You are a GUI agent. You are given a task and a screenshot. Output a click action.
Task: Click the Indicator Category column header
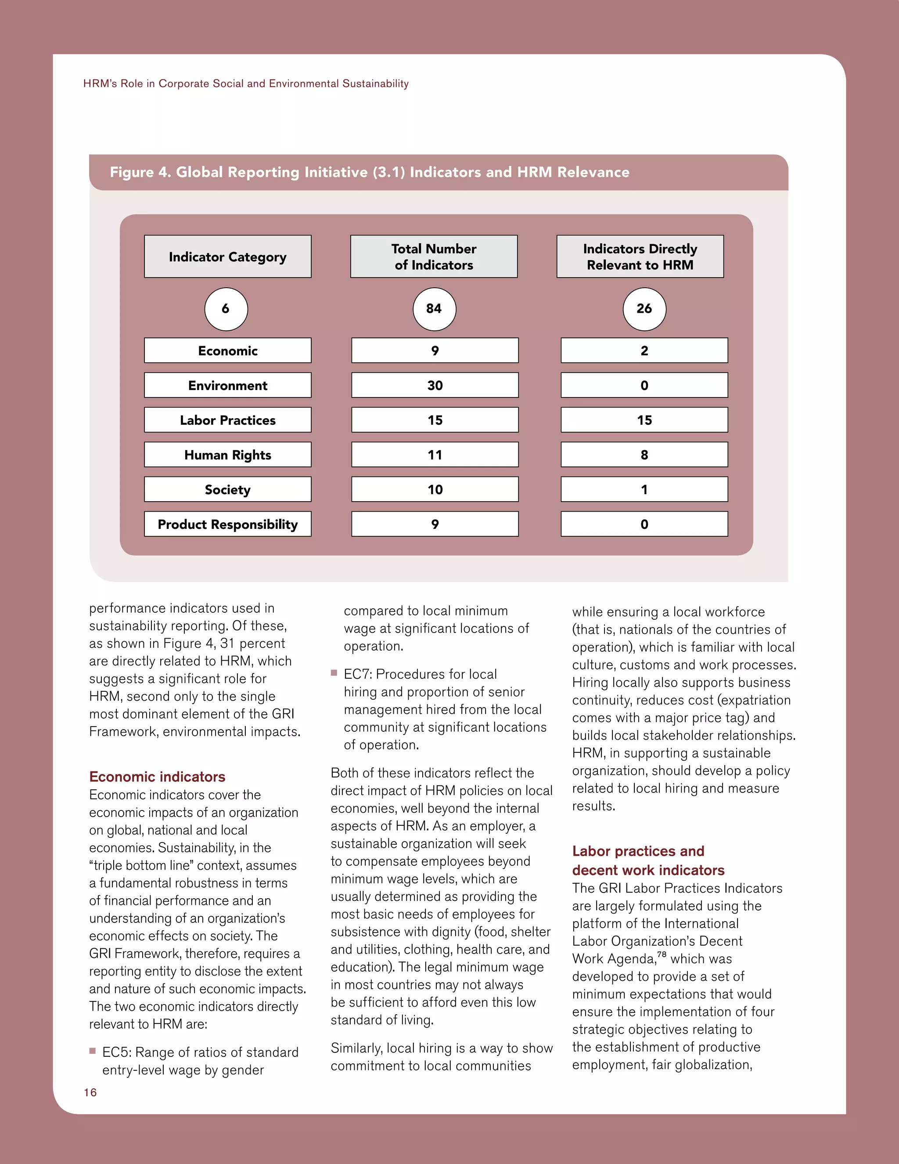(x=227, y=257)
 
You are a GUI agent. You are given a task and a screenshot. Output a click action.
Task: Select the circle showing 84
(x=434, y=309)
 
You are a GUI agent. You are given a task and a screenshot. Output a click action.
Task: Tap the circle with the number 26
(x=644, y=309)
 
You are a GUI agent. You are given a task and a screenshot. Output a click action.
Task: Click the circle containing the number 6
(x=226, y=309)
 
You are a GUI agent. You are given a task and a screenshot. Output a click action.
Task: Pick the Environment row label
(x=227, y=385)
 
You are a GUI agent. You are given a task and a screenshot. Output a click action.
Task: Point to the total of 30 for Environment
(x=435, y=385)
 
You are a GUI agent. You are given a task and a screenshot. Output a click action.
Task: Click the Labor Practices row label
(x=227, y=420)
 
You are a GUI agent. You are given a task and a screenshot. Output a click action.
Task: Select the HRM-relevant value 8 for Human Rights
(x=644, y=455)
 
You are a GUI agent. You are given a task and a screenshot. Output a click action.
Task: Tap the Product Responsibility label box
(x=227, y=524)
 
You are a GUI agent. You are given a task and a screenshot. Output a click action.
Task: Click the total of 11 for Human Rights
(x=435, y=455)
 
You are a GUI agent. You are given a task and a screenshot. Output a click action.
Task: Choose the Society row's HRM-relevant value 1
(x=644, y=489)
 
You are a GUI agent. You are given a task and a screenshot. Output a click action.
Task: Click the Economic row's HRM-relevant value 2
(x=644, y=351)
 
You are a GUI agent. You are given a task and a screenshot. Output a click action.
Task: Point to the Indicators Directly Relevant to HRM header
(x=640, y=257)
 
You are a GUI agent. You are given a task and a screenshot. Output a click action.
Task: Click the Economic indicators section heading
(x=157, y=777)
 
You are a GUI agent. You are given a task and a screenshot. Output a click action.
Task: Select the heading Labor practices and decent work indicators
(x=647, y=860)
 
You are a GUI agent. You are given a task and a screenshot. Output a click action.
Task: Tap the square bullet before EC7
(x=334, y=673)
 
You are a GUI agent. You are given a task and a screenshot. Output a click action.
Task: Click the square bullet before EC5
(x=93, y=1051)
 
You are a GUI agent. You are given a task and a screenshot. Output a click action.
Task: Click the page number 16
(x=90, y=1092)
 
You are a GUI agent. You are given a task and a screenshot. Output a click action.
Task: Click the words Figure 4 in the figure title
(x=140, y=172)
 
